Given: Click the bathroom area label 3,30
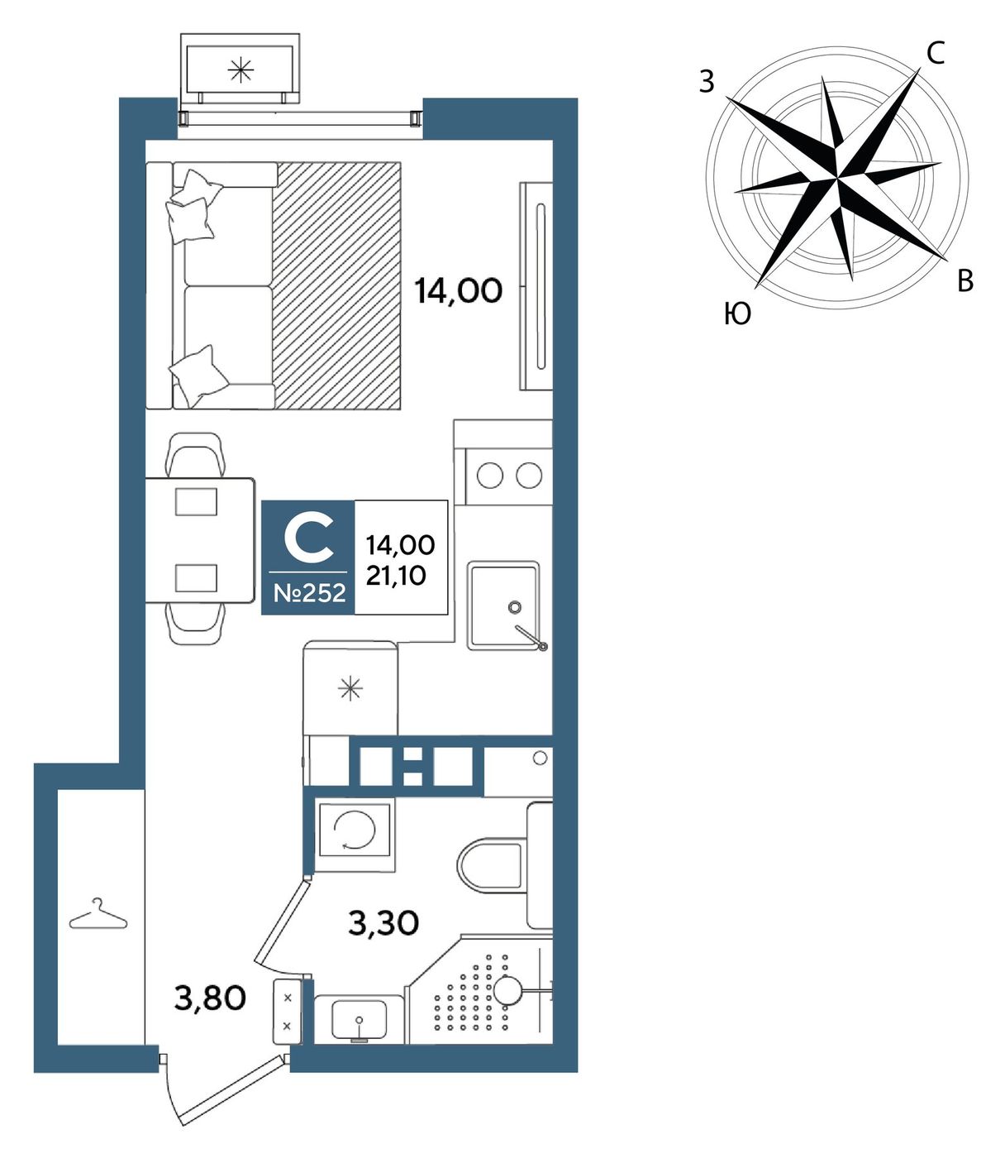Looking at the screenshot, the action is point(383,923).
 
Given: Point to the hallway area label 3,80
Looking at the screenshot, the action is point(210,998).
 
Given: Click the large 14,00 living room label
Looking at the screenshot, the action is point(458,291).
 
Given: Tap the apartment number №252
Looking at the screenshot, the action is point(309,592).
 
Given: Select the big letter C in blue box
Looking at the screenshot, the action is point(308,542).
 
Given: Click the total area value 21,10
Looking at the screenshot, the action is point(396,576).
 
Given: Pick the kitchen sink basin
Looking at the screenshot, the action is point(502,605).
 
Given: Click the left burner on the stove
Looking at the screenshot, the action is point(490,476).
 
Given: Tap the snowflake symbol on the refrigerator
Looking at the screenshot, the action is point(350,689).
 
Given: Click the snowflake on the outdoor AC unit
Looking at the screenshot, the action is point(241,69).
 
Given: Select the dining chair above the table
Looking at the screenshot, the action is point(195,454).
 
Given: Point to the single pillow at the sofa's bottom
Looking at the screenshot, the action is point(198,376).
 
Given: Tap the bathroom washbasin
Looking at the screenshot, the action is point(360,1019).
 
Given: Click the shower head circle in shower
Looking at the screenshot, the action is point(508,990).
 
